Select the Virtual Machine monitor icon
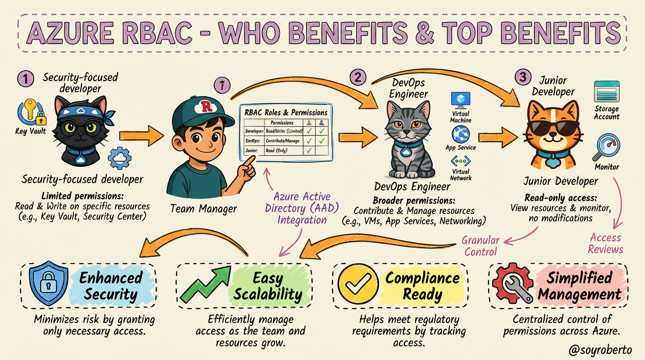(460, 100)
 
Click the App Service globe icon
(460, 135)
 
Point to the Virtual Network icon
(460, 162)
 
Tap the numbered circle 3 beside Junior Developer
(523, 78)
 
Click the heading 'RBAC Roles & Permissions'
(286, 112)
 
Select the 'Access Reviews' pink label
(606, 243)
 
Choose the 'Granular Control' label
(480, 246)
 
